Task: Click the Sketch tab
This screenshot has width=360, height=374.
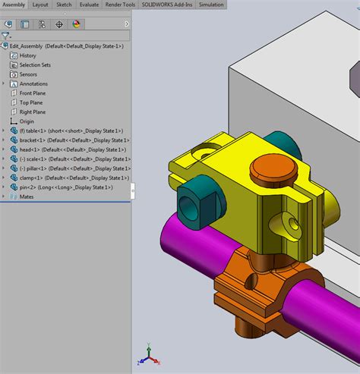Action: click(64, 5)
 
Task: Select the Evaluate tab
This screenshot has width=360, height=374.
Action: click(89, 5)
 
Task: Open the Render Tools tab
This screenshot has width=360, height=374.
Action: click(119, 5)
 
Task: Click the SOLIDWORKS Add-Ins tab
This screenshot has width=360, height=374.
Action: click(168, 5)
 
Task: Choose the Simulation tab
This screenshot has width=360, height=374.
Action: click(211, 5)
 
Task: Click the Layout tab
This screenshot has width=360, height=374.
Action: click(40, 5)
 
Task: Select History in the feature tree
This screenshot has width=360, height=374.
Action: click(27, 55)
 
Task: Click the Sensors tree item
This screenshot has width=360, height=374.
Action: click(28, 74)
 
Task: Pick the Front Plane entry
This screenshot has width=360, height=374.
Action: click(32, 93)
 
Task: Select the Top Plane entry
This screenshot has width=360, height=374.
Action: click(30, 102)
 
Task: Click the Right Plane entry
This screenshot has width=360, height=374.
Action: click(32, 112)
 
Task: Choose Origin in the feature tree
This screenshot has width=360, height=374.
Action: click(27, 121)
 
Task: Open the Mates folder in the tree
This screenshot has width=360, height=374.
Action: click(26, 196)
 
